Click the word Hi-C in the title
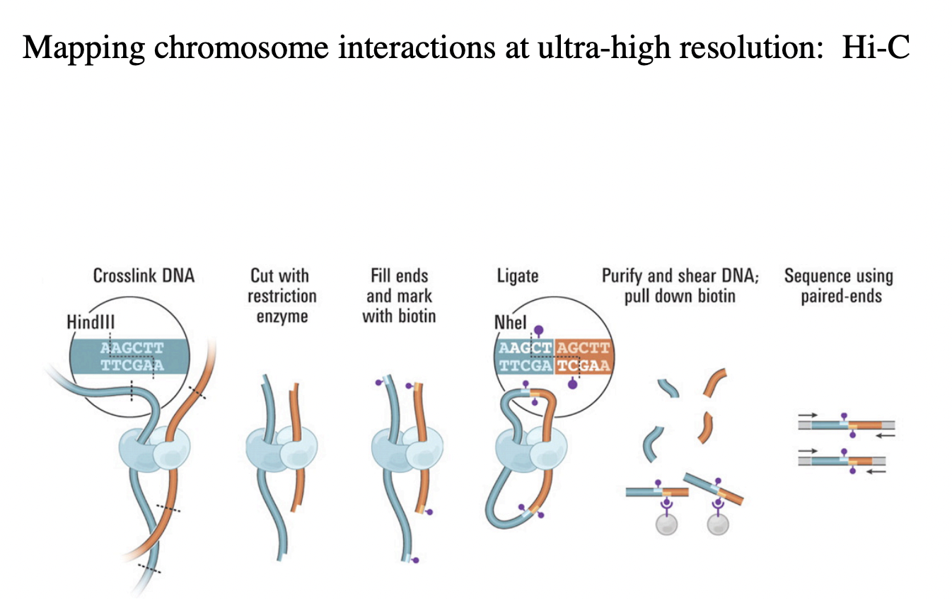(x=876, y=47)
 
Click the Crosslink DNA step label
(x=144, y=276)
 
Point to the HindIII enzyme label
(x=91, y=321)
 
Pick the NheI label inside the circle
(x=510, y=324)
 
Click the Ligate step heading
(x=517, y=276)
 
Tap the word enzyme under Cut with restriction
(x=281, y=316)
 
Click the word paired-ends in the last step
(x=841, y=296)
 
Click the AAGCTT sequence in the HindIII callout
(x=132, y=348)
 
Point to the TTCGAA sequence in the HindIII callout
(x=132, y=365)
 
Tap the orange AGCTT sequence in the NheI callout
(x=583, y=348)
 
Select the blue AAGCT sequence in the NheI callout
(x=525, y=348)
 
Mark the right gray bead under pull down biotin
(x=719, y=524)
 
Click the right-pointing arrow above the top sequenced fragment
(x=808, y=415)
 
